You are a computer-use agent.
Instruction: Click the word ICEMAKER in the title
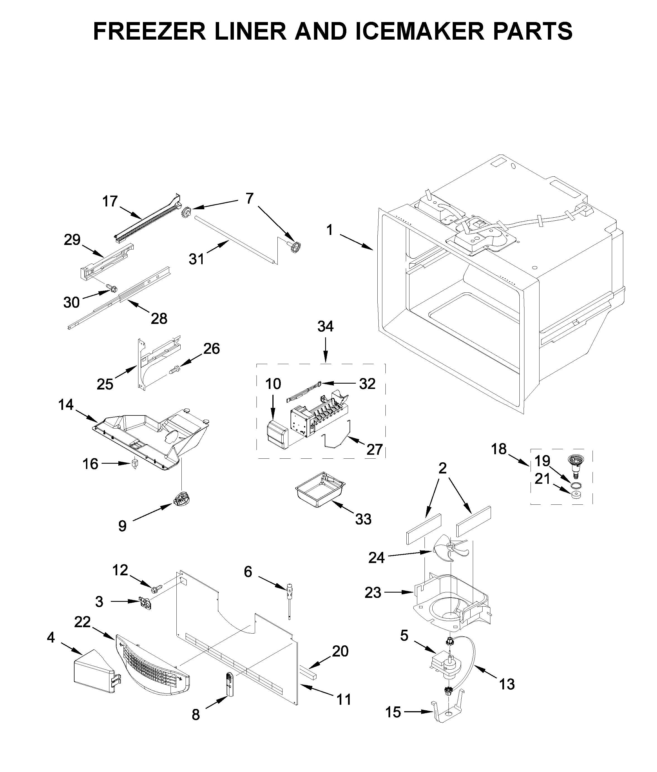421,31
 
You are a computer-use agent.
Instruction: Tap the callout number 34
325,326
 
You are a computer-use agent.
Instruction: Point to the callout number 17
110,201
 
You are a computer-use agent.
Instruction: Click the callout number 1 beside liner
329,230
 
